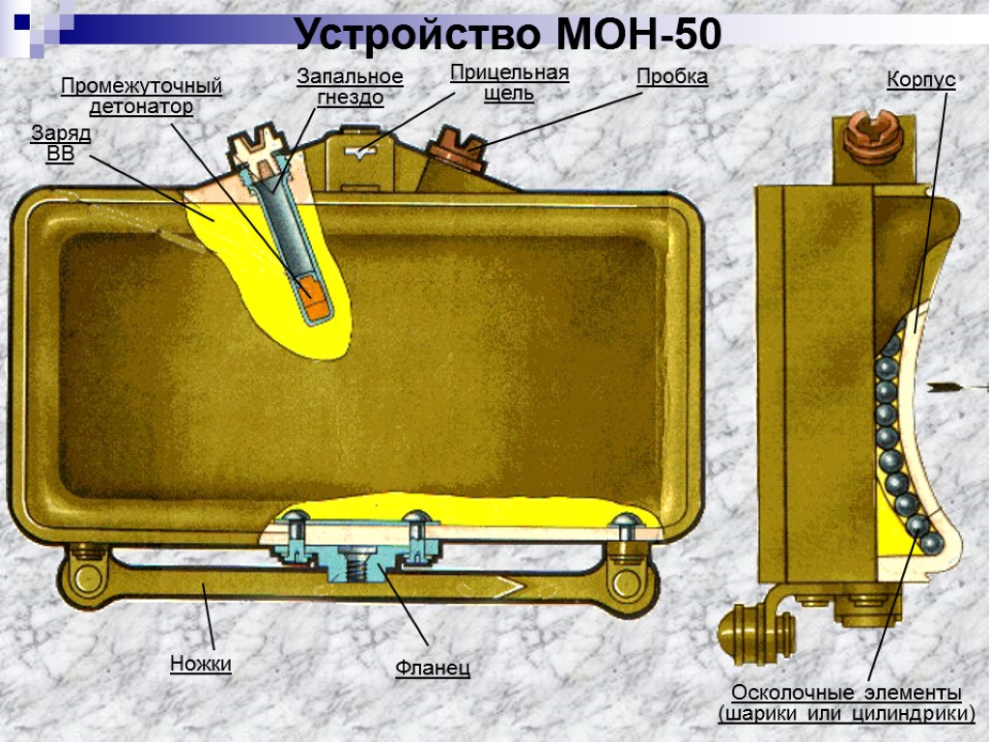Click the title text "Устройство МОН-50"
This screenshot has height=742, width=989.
click(508, 36)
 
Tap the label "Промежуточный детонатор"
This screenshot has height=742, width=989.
click(142, 97)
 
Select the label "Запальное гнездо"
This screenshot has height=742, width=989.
click(350, 86)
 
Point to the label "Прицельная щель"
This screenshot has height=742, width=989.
click(509, 83)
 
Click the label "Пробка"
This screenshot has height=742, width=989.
click(672, 77)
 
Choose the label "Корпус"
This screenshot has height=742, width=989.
click(921, 80)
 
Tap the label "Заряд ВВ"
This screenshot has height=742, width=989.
click(61, 144)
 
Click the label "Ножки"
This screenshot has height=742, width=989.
click(201, 663)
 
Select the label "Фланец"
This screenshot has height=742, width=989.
click(433, 668)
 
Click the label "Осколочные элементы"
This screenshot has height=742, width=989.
click(846, 693)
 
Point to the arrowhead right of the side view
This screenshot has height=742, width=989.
click(938, 387)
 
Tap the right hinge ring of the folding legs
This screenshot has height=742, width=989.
click(630, 583)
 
